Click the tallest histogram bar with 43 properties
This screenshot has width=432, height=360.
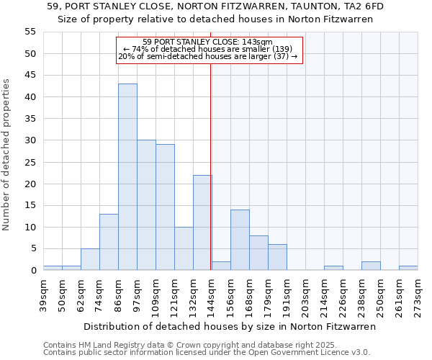[127, 177]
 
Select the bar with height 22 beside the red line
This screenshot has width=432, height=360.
[202, 222]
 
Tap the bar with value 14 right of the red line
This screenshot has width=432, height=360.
[240, 240]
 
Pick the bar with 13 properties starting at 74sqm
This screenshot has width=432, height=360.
[109, 242]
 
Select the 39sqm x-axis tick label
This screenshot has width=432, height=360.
[43, 294]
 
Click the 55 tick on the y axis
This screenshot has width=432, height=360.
[30, 32]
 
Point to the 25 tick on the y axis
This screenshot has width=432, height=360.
[30, 162]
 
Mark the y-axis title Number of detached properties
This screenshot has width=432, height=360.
[7, 155]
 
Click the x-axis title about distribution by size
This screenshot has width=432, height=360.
[230, 326]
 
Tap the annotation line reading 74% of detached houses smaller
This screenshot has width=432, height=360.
[207, 49]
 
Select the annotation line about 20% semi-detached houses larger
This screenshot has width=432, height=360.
[207, 56]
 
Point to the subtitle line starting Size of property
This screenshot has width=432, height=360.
[215, 19]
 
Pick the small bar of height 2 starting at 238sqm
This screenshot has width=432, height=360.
[371, 266]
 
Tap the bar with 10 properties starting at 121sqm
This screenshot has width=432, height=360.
[184, 248]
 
